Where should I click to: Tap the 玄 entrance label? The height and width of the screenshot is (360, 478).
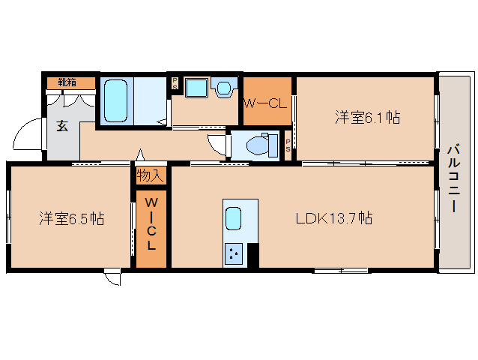coord(61,125)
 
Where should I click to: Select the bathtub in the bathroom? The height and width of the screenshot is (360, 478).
coord(116,101)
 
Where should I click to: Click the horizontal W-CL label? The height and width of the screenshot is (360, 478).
coord(265,103)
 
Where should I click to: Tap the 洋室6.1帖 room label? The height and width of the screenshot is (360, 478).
coord(366,117)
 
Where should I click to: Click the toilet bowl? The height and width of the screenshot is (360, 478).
coord(255,143)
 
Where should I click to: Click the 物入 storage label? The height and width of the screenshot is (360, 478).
coord(150,176)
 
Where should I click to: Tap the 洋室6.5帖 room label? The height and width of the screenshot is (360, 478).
coord(71,219)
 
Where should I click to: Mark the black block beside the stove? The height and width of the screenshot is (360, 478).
coord(252,256)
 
